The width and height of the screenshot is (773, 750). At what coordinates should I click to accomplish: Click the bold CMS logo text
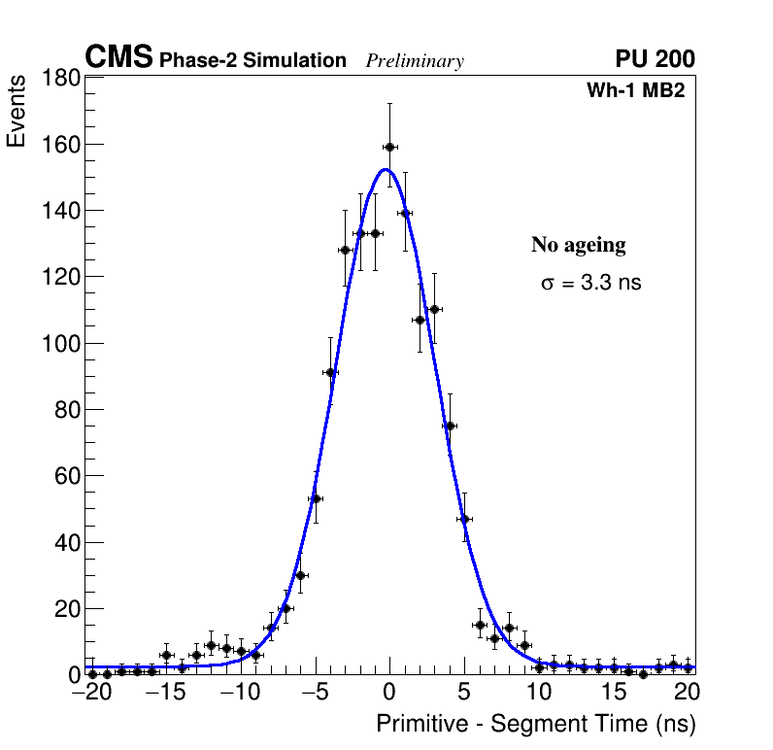(118, 58)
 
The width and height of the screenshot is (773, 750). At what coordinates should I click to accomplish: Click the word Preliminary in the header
(415, 61)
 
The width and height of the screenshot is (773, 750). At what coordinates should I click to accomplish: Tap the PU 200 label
(655, 59)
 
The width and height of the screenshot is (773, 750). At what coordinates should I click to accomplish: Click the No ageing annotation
(578, 245)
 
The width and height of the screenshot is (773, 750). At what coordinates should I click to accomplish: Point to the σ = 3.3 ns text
(590, 284)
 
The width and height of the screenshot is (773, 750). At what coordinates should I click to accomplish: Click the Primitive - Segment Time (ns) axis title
(535, 724)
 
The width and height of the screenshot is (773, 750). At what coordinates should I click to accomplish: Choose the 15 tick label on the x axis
(614, 692)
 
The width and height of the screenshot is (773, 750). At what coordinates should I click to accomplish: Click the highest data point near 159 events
(389, 147)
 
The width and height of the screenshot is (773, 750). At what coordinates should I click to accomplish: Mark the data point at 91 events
(330, 372)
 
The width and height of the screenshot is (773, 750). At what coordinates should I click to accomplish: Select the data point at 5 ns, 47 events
(464, 519)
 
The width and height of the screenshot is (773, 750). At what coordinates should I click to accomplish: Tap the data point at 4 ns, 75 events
(450, 426)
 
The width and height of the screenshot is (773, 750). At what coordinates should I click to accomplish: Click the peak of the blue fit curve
(386, 170)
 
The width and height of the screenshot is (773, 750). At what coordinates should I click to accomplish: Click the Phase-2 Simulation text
(252, 61)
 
